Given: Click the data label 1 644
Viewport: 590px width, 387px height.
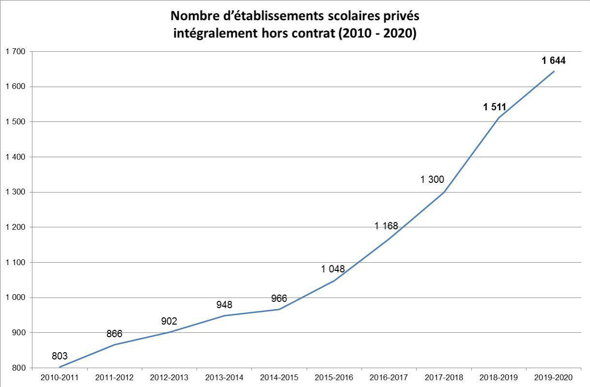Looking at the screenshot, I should [x=553, y=60].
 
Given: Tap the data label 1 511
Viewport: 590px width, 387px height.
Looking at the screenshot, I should [x=494, y=107].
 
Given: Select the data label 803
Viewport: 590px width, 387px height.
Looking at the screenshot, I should [x=60, y=356].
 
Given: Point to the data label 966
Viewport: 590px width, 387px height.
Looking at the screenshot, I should [x=279, y=298].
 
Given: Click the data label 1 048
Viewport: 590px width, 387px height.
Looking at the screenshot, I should [x=333, y=269].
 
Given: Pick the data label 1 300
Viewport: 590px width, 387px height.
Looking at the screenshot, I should [x=432, y=179].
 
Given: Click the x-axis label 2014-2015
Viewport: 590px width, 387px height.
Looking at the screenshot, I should [x=279, y=377].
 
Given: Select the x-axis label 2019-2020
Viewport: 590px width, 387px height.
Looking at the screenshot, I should [x=553, y=377].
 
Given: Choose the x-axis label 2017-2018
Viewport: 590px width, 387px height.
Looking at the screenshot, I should [x=443, y=377].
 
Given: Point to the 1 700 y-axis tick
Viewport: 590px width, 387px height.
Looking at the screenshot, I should [x=15, y=51].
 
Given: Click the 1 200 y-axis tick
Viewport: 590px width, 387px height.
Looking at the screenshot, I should [x=15, y=227].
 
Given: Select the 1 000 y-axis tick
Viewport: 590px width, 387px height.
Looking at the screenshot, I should [x=15, y=298].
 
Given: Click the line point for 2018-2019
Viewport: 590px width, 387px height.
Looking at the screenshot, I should [x=499, y=118].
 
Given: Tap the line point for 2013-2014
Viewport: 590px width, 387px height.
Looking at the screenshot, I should [x=224, y=316].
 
